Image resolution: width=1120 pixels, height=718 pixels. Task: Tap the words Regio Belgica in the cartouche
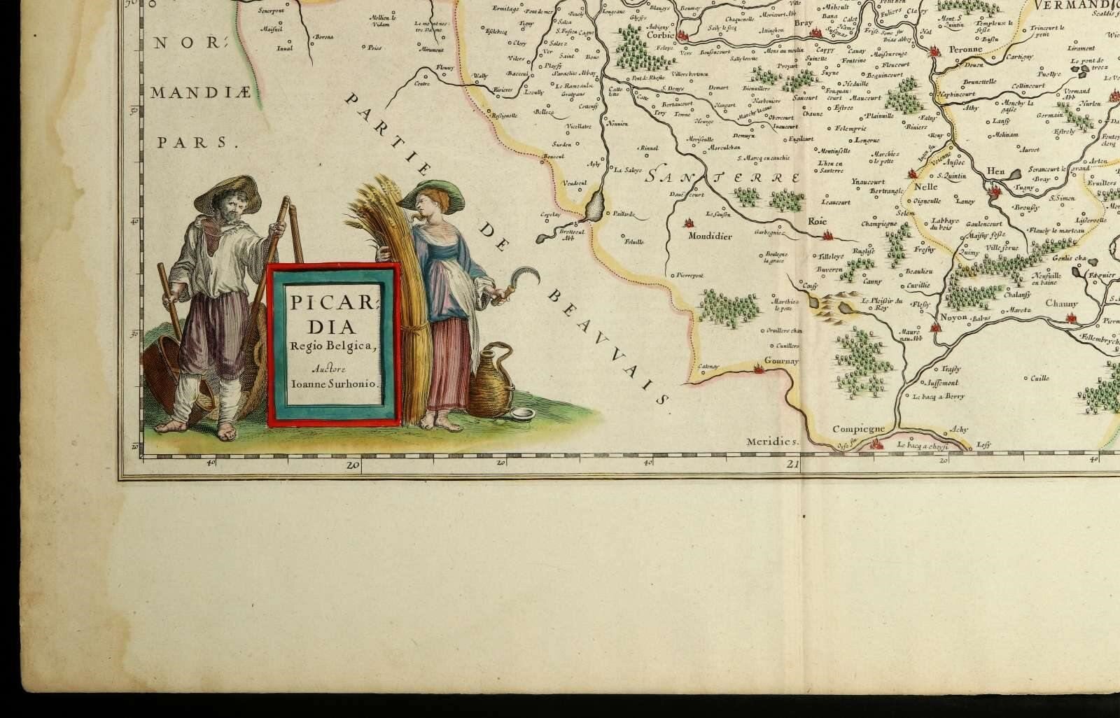click(334, 344)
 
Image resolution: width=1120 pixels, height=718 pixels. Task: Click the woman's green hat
click(437, 196)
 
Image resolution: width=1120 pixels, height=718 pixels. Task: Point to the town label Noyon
click(953, 317)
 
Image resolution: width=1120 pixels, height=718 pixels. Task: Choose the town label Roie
click(817, 221)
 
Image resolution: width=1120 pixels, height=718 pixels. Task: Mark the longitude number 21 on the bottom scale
click(792, 463)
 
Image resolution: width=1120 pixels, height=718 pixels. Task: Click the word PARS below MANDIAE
click(192, 143)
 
